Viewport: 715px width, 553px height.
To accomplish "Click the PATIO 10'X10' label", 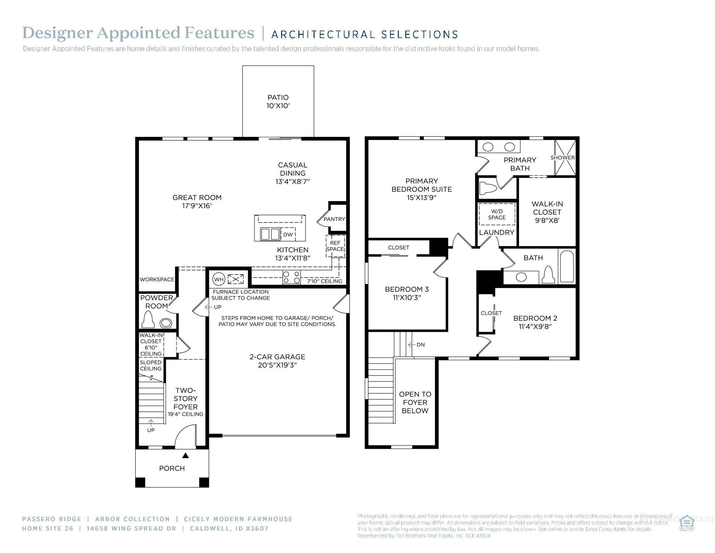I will point(278,101).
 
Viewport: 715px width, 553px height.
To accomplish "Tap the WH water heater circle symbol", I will point(219,279).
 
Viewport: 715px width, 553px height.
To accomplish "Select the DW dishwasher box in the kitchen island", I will point(288,234).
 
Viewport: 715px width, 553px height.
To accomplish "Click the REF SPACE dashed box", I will point(335,246).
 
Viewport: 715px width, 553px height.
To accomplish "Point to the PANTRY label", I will point(334,219).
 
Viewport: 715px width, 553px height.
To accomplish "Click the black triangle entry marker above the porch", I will point(185,455).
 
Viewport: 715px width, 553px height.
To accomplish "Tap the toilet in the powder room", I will point(148,320).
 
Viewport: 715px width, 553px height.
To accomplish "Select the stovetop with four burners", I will point(292,277).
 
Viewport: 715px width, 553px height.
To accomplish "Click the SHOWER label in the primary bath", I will point(563,157).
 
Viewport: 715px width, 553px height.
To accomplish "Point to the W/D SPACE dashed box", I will point(497,214).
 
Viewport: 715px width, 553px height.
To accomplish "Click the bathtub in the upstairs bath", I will point(567,267).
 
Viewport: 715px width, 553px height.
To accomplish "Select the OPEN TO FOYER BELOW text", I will point(415,402).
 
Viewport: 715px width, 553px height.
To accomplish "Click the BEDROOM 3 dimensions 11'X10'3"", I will point(407,297).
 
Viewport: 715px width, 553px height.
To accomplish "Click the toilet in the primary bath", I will point(488,188).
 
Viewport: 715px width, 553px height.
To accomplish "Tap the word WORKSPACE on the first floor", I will point(157,279).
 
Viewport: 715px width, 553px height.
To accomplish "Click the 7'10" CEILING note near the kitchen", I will point(324,281).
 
